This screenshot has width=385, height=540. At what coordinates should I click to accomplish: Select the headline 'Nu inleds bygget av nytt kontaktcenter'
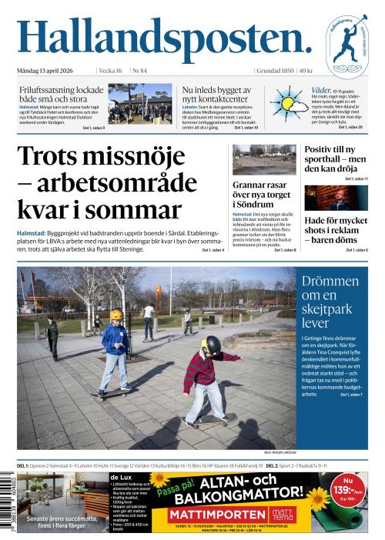216,94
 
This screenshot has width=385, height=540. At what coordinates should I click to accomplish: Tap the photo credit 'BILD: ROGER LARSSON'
278,453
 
